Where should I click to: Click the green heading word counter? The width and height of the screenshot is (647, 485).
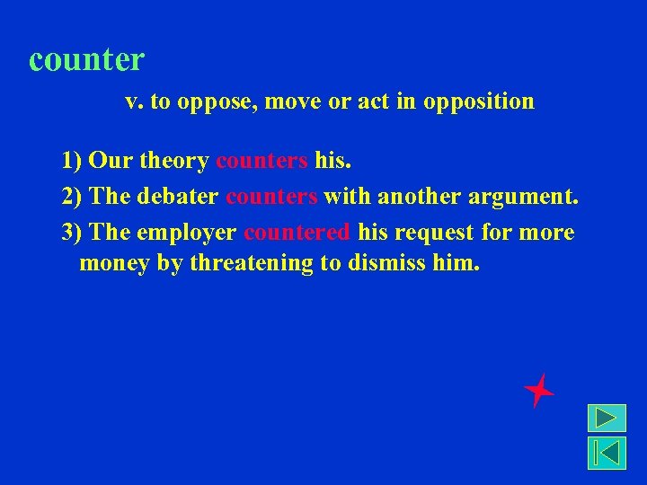(x=86, y=60)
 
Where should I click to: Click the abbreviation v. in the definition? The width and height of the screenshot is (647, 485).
(x=134, y=101)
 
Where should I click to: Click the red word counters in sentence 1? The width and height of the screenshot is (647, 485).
(x=261, y=161)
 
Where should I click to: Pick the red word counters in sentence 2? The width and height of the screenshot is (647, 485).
(x=271, y=197)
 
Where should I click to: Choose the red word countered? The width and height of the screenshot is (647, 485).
(x=297, y=233)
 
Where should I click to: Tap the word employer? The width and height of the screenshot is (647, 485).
(x=187, y=234)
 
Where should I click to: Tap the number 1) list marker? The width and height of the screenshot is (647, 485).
(x=73, y=161)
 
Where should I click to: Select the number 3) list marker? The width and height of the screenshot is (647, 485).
(x=73, y=233)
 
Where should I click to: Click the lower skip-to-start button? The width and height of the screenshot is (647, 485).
(x=607, y=453)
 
